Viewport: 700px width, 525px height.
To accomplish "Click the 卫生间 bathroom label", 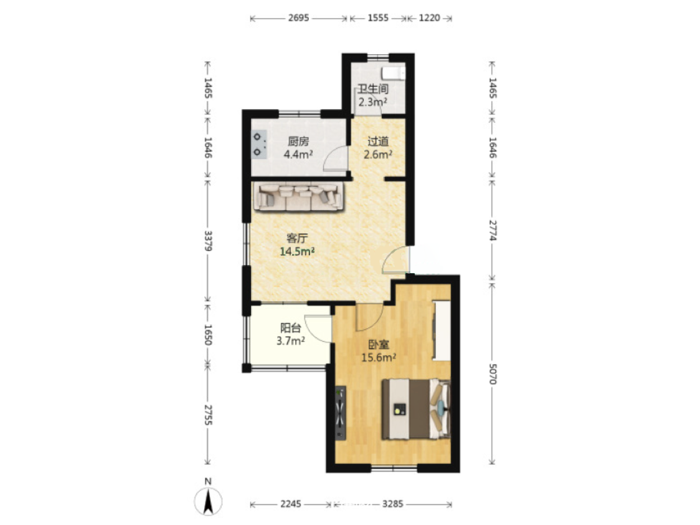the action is click(373, 89).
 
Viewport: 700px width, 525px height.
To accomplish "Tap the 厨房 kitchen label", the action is click(298, 142).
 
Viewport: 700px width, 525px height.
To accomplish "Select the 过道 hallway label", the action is click(378, 142).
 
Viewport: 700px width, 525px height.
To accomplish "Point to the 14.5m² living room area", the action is click(297, 251).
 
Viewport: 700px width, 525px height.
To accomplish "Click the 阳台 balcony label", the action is click(291, 328).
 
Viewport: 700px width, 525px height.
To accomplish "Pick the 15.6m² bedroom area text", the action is click(379, 357).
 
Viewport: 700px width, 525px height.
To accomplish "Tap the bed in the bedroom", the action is click(416, 409).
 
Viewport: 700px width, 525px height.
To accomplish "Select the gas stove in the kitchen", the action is click(259, 144).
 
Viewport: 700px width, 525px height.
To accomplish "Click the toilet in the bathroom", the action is click(394, 73).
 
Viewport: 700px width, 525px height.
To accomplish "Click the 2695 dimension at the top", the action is click(298, 18).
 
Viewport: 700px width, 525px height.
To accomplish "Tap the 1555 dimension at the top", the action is click(378, 18).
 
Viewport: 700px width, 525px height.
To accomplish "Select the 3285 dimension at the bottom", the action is click(393, 504).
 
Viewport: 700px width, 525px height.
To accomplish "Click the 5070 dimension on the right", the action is click(493, 373).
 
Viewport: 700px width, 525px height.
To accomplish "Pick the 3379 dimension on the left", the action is click(208, 241).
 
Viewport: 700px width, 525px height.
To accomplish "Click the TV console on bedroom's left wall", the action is click(341, 413).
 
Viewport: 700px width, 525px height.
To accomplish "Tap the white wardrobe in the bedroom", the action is click(441, 330).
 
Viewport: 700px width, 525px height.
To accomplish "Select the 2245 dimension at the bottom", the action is click(291, 504).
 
